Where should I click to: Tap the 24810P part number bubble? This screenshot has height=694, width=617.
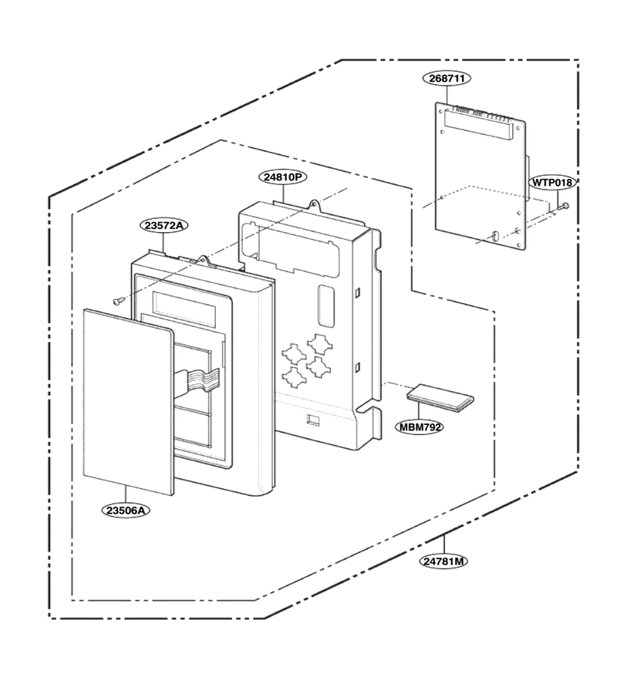283,177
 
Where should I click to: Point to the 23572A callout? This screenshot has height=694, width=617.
164,225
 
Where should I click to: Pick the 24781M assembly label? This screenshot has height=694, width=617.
443,561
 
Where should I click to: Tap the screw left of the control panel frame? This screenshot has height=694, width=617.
118,301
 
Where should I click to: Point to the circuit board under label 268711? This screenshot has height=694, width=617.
480,176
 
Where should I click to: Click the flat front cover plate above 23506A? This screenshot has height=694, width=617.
128,402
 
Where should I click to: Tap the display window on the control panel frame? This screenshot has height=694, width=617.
184,308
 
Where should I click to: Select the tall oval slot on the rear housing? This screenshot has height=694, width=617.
325,306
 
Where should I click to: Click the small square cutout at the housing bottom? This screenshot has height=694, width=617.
312,420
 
